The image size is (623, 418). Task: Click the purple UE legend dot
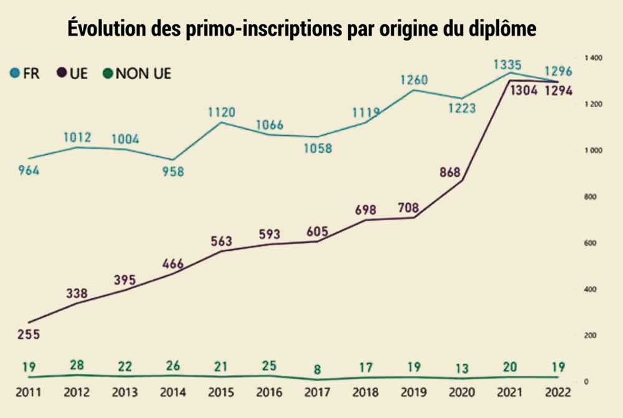coord(62,74)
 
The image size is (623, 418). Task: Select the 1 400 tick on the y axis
coord(594,57)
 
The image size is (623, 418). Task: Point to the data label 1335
coord(508,64)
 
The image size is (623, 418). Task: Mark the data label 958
coord(173,171)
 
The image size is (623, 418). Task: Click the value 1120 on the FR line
coord(221,112)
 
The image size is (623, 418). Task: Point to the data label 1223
coord(462,108)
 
